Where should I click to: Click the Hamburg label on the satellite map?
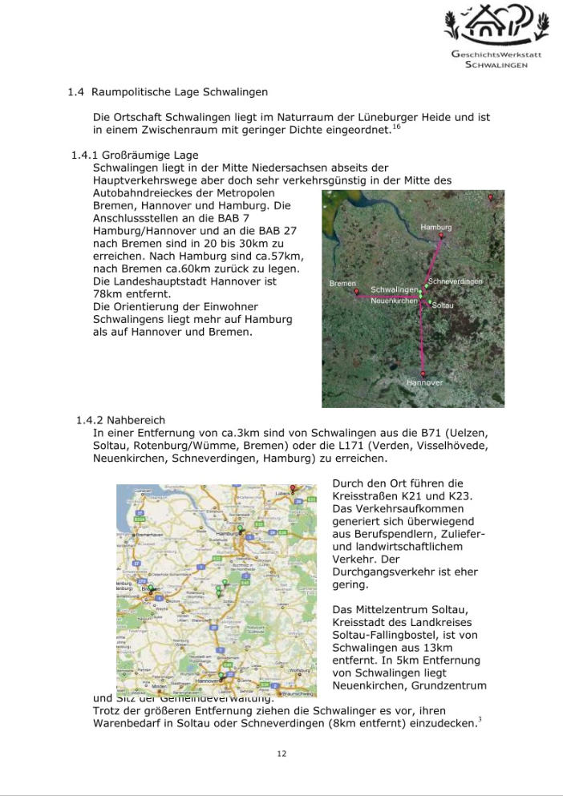click(x=436, y=228)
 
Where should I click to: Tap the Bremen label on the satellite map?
click(x=342, y=284)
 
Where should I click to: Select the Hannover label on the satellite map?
click(x=424, y=383)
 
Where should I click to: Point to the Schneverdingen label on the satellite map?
click(x=456, y=282)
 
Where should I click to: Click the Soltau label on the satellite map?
click(x=443, y=306)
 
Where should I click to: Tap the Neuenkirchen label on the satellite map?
click(x=394, y=301)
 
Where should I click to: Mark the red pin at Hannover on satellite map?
click(x=423, y=374)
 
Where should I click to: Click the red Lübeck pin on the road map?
click(x=293, y=488)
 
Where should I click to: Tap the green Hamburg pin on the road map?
click(x=239, y=530)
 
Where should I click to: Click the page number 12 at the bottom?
click(x=281, y=754)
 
